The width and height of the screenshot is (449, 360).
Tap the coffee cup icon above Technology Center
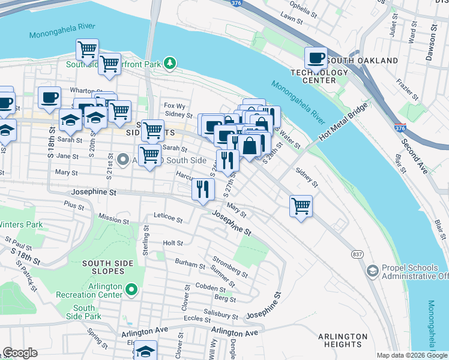[x=316, y=59]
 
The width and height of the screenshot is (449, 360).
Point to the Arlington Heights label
[x=343, y=340]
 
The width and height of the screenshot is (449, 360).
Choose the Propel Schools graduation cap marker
[x=372, y=271]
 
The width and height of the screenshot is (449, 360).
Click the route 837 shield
[x=357, y=254]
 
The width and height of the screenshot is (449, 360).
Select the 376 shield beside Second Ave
[x=400, y=128]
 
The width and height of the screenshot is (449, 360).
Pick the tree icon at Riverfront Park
[x=170, y=62]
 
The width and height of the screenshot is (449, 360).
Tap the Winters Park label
[x=21, y=225]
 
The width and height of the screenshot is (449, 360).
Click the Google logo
[x=20, y=353]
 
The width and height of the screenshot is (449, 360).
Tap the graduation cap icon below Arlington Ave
[x=145, y=350]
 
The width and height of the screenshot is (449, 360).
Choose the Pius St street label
[x=76, y=206]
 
